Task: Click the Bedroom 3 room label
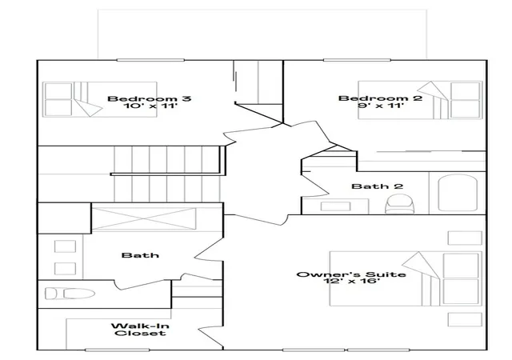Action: (x=150, y=98)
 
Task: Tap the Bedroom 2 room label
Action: (x=381, y=98)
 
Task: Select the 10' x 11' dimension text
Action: (x=150, y=106)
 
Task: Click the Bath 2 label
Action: (x=377, y=186)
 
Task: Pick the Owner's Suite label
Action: (x=351, y=274)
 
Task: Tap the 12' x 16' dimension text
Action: (x=351, y=281)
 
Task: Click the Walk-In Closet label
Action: (x=140, y=330)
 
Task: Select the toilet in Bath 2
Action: (x=400, y=204)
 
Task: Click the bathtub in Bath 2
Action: (x=458, y=193)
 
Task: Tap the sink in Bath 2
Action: (x=336, y=206)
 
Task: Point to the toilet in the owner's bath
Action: (x=70, y=293)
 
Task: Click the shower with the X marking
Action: (x=144, y=218)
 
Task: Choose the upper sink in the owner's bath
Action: (x=65, y=246)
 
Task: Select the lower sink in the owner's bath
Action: (x=65, y=269)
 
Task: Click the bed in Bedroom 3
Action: (x=100, y=99)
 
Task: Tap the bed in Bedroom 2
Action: (x=420, y=100)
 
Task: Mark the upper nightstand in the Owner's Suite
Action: (x=465, y=238)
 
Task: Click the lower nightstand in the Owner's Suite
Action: (x=465, y=319)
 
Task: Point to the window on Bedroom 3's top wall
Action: (x=150, y=60)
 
